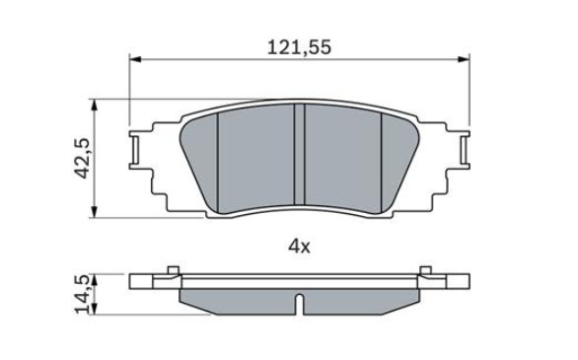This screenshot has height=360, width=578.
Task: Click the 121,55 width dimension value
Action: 299,48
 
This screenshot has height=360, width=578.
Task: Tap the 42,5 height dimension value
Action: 83,159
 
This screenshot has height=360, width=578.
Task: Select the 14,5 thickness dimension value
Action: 83,295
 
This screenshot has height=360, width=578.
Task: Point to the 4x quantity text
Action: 299,247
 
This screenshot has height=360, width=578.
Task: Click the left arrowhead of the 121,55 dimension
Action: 136,59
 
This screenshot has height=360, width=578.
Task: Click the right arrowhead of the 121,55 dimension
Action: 464,59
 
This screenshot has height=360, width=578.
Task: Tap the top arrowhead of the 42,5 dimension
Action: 95,105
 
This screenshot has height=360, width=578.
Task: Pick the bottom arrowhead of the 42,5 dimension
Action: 95,211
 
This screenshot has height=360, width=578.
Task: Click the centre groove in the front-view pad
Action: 299,154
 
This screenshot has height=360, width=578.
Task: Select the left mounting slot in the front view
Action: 135,149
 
